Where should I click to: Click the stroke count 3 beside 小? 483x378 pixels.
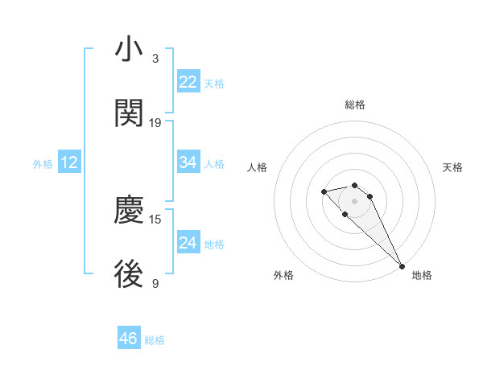(155, 58)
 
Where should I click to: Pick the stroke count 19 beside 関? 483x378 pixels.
(155, 123)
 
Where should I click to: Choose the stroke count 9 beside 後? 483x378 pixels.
(155, 283)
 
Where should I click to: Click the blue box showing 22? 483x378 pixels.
(188, 82)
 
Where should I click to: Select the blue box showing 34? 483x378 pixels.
(188, 162)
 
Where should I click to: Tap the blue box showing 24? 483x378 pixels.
(188, 243)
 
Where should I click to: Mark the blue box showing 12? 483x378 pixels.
(69, 162)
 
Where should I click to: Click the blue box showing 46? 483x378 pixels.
(128, 339)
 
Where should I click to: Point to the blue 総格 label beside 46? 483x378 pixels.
(155, 340)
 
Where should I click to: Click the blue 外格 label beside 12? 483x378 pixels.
(43, 164)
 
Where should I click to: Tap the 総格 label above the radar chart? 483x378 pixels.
(355, 105)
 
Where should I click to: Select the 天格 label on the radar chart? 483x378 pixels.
(452, 167)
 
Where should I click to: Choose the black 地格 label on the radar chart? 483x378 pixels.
(422, 275)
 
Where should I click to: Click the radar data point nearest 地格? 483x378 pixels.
(402, 265)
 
